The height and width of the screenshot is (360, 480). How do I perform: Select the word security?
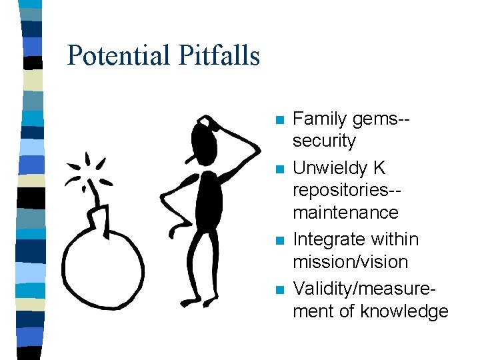[x=325, y=141]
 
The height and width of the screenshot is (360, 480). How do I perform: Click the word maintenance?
[x=345, y=213]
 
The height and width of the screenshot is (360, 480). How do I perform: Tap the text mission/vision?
[x=350, y=261]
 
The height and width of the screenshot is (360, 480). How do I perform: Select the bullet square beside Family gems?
[x=279, y=121]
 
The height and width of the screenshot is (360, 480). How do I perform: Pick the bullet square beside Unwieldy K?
[x=279, y=169]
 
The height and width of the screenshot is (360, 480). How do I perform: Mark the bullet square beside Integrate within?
[x=279, y=240]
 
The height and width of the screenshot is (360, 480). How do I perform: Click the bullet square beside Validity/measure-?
[x=279, y=289]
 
